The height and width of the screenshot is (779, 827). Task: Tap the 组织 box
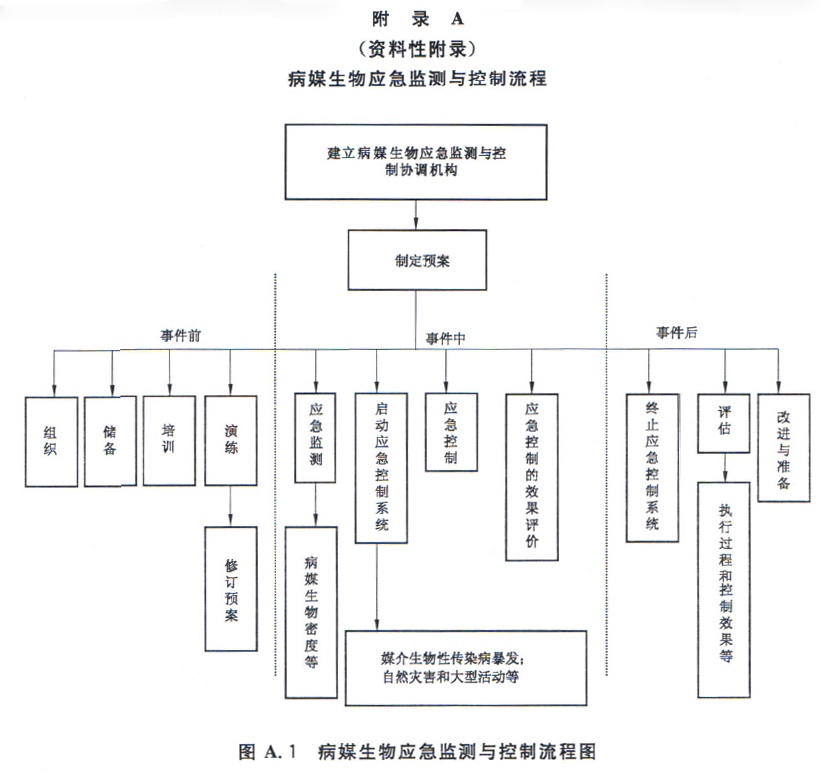pos(51,441)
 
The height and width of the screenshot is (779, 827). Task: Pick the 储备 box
pos(109,441)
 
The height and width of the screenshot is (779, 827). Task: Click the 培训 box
pos(169,441)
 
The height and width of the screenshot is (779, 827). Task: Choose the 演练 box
pos(231,441)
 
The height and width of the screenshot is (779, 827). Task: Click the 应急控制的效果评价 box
pos(531,475)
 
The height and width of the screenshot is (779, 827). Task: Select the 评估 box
pos(725,422)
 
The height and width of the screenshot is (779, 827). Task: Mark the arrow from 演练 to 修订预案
pos(231,506)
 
